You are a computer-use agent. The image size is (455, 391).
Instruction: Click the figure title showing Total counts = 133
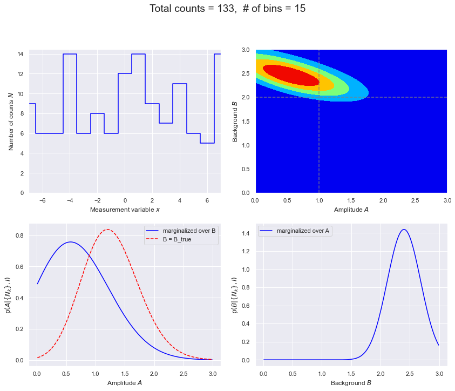click(x=227, y=9)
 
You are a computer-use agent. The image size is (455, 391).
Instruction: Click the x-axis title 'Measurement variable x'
click(x=125, y=210)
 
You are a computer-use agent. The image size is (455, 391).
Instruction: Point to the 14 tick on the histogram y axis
click(x=21, y=54)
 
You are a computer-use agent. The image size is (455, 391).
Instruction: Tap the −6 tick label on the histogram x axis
click(x=43, y=200)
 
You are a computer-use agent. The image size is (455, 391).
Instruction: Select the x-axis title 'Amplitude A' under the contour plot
click(x=351, y=210)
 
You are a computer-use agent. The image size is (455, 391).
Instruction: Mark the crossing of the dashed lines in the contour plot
click(x=319, y=97)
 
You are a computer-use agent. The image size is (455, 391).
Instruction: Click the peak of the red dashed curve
click(x=107, y=230)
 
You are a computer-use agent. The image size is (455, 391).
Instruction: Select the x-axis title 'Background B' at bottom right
click(x=351, y=383)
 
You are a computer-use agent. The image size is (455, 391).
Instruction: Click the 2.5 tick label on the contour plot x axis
click(x=415, y=200)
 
